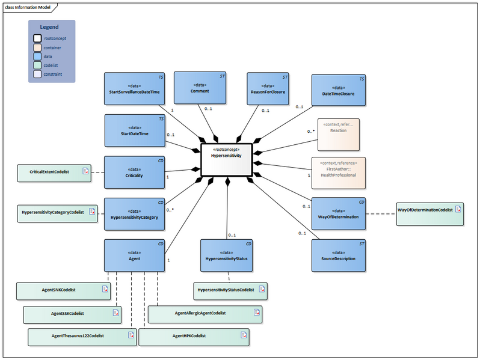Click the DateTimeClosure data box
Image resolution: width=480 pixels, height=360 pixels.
click(x=338, y=91)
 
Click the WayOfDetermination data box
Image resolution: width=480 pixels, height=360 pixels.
click(x=338, y=213)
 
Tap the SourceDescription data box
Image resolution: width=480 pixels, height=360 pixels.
click(x=338, y=255)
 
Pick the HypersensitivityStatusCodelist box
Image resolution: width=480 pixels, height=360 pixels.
click(x=230, y=291)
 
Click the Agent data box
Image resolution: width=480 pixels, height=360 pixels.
click(x=134, y=255)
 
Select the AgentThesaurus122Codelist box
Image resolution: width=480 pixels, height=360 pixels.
click(x=82, y=336)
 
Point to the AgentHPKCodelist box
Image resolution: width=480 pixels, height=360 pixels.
click(x=194, y=336)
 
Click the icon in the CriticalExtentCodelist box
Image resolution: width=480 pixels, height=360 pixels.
click(x=85, y=172)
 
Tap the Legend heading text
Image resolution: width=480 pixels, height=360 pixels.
click(x=49, y=27)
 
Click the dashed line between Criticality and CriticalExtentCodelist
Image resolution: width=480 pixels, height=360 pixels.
click(x=97, y=172)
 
